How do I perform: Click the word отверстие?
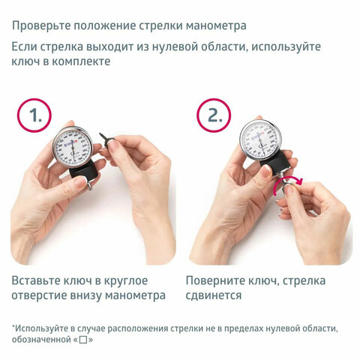coord(43,295)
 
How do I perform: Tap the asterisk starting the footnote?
coord(13,327)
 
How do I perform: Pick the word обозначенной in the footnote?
coord(41,340)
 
